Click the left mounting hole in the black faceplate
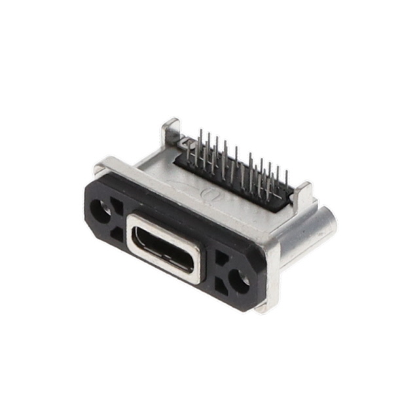click(x=101, y=210)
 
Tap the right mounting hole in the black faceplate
click(x=241, y=282)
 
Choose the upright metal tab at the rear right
click(x=302, y=197)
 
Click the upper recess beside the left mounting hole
click(x=118, y=208)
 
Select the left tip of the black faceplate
click(x=86, y=196)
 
